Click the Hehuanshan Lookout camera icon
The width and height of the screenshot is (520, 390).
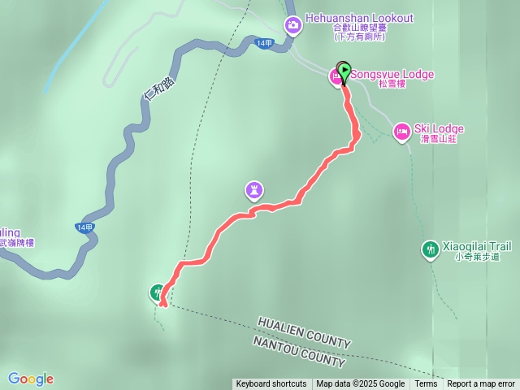(292, 26)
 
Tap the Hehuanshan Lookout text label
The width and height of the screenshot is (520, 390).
(360, 18)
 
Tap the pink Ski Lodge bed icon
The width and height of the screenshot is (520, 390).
(401, 131)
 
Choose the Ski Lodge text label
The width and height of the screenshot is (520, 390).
(439, 128)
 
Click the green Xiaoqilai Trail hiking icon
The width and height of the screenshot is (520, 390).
(430, 248)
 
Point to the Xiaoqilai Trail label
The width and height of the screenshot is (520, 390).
(476, 245)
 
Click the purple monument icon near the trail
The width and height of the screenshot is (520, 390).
(255, 190)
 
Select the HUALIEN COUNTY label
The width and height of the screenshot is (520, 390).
(304, 333)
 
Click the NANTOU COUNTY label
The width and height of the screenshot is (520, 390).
(299, 349)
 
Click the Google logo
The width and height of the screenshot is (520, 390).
(31, 379)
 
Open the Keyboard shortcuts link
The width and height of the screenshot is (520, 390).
(271, 384)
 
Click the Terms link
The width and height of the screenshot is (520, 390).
(426, 384)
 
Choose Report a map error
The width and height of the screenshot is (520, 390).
(481, 384)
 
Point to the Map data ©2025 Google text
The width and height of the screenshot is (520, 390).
(360, 384)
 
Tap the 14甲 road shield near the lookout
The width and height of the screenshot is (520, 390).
(263, 44)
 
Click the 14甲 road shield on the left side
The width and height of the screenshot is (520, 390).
(84, 227)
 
